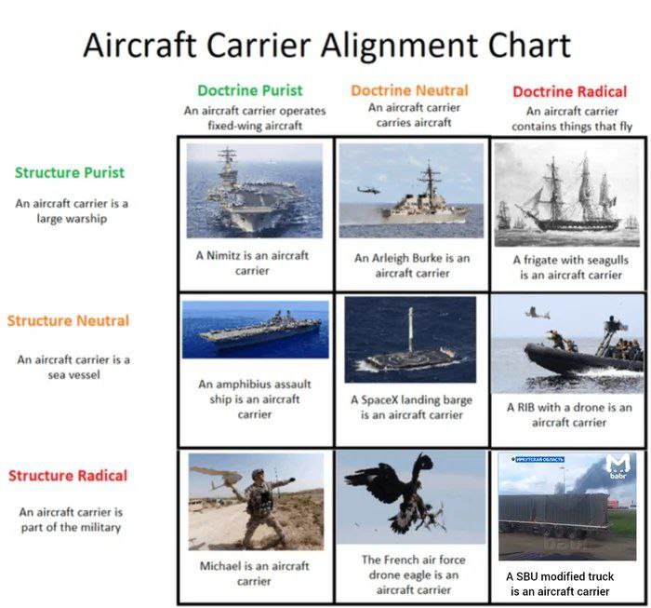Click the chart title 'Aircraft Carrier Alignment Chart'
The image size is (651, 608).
(x=327, y=45)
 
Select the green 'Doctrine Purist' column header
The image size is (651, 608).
(x=250, y=90)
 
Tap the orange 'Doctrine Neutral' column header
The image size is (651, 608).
(x=409, y=90)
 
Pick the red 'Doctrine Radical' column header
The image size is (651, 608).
(x=569, y=91)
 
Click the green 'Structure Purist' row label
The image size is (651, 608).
(x=70, y=172)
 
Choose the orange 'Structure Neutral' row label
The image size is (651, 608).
(x=68, y=321)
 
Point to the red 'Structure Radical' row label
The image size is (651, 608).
(x=68, y=476)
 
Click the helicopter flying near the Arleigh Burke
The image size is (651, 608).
(x=368, y=190)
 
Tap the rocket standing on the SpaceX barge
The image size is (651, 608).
(x=411, y=331)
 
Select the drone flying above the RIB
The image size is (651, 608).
(x=538, y=313)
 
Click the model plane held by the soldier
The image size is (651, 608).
(x=216, y=477)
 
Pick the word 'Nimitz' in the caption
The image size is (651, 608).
(x=224, y=255)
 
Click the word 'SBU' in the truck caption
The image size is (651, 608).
(x=527, y=576)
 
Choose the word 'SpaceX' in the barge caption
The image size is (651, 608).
(x=379, y=399)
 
